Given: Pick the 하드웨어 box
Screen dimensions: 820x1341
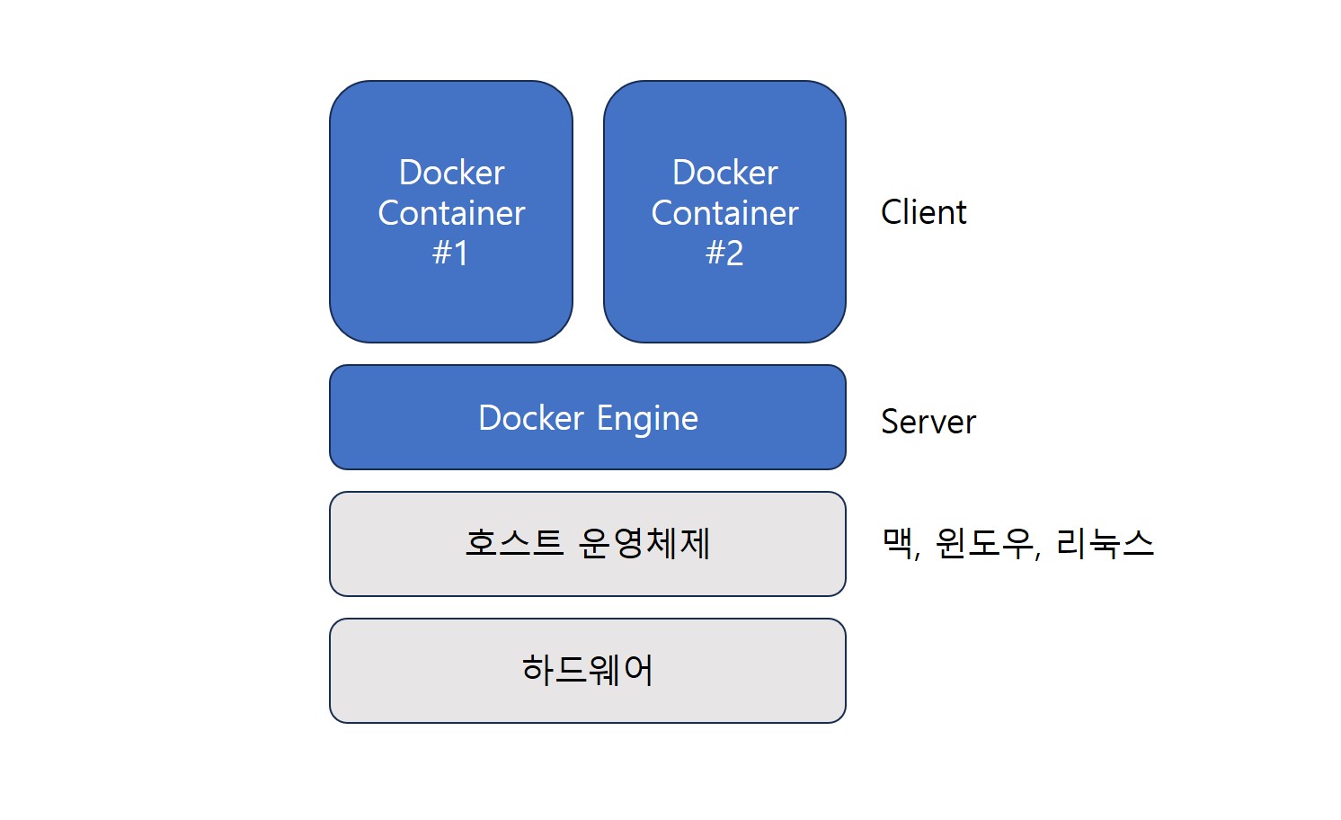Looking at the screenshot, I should click(x=587, y=670).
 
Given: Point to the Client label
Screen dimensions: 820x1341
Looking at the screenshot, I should click(x=923, y=212).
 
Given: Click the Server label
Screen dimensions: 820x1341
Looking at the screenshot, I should click(x=928, y=422).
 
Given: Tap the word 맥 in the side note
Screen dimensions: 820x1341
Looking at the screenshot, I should click(x=898, y=543).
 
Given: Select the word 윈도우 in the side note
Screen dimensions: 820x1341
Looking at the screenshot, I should click(x=984, y=543).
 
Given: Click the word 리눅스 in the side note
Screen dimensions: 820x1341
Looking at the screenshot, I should click(x=1105, y=543).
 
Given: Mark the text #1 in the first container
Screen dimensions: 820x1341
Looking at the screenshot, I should click(x=450, y=254).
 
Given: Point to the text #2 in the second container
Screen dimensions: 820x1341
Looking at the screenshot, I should click(x=724, y=254).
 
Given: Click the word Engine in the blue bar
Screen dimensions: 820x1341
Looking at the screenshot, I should click(x=647, y=419).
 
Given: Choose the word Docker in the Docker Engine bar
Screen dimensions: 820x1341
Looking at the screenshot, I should click(x=530, y=418).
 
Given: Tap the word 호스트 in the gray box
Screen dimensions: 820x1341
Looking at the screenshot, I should click(x=513, y=543).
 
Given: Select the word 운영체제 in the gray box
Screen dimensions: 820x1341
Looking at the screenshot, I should click(x=644, y=543).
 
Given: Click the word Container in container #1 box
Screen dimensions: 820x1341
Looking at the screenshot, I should click(x=451, y=213).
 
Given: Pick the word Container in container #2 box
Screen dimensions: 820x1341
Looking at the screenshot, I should click(x=724, y=213).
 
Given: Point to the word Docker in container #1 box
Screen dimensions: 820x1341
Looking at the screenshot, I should click(x=451, y=173).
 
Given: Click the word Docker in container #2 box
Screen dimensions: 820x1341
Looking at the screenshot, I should click(x=724, y=173).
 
